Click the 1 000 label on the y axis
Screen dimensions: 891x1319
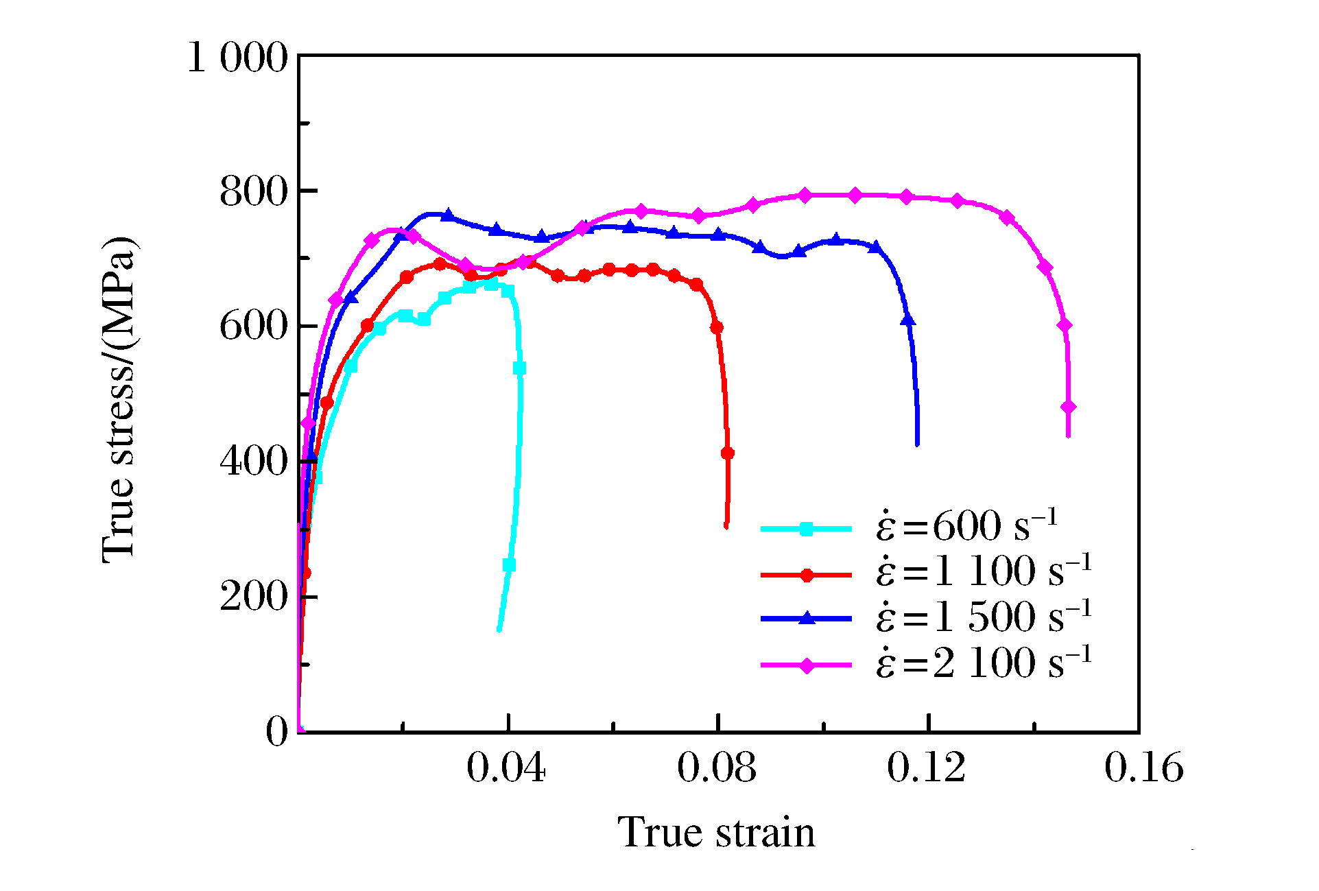(x=237, y=57)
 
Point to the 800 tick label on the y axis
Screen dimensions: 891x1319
(x=253, y=192)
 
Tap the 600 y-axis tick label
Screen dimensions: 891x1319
(x=253, y=326)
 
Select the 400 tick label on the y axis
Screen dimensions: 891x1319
(x=253, y=461)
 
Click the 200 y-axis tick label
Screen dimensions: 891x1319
(x=253, y=596)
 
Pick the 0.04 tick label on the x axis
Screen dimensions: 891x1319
(x=506, y=768)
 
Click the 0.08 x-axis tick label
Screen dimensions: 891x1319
(x=717, y=768)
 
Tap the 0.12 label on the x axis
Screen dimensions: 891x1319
(x=927, y=768)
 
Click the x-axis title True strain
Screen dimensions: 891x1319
(x=717, y=833)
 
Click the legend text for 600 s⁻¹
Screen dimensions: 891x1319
(x=966, y=527)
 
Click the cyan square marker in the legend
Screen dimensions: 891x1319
(x=807, y=529)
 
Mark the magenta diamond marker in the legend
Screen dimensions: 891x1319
(x=807, y=665)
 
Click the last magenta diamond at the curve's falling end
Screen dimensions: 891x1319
(x=1068, y=407)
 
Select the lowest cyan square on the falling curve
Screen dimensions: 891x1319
(x=509, y=565)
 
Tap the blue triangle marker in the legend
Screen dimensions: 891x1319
(x=807, y=619)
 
